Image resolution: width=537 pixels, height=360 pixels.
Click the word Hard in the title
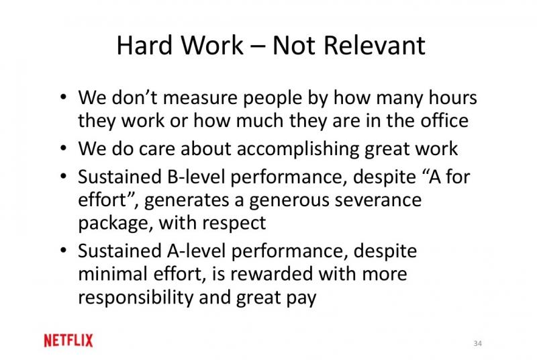click(x=144, y=45)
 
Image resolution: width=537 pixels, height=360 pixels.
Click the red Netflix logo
click(x=68, y=341)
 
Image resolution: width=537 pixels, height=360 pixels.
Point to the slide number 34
click(x=477, y=343)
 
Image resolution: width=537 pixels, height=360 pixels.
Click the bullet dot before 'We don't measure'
click(x=63, y=97)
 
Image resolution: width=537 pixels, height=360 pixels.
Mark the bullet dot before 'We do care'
click(x=63, y=148)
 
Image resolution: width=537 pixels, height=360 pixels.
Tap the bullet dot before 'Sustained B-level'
click(x=63, y=177)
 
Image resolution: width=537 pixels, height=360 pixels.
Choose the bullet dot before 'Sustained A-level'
click(x=63, y=251)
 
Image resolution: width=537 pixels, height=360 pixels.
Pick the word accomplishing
click(x=298, y=149)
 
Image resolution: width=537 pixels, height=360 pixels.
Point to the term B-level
click(x=196, y=177)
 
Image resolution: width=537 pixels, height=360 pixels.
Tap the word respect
click(x=234, y=224)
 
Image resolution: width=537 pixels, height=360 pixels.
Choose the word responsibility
click(x=136, y=298)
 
